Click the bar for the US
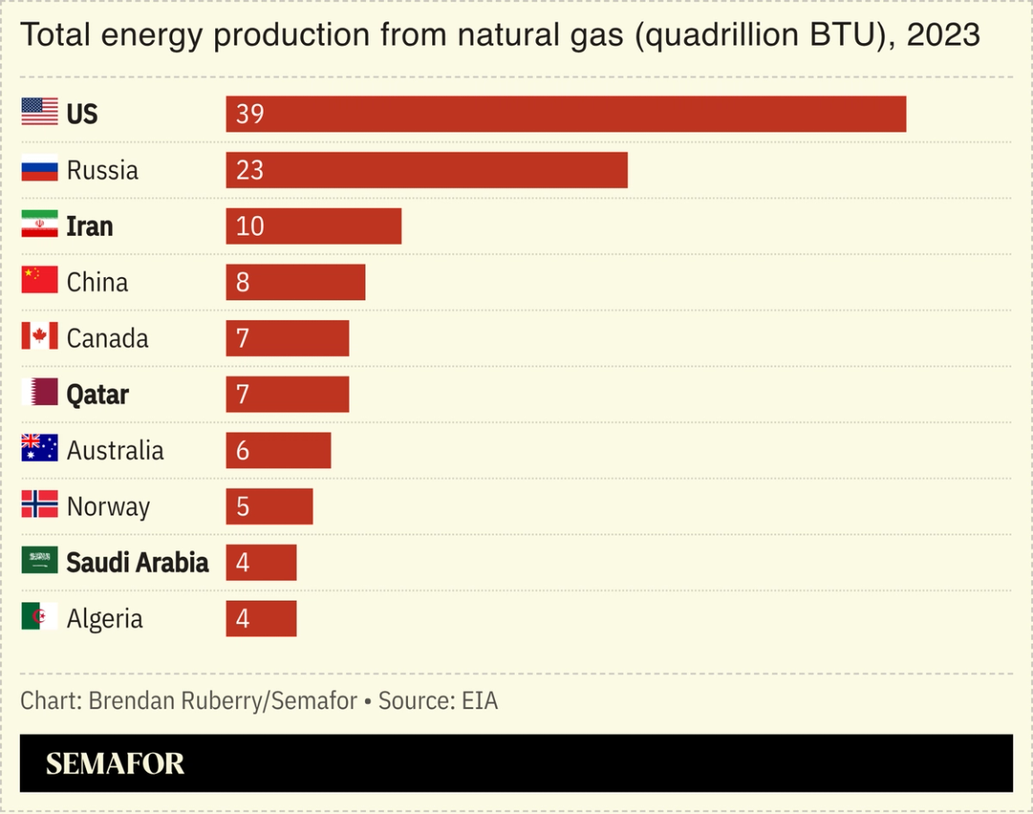pyautogui.click(x=566, y=114)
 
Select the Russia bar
pyautogui.click(x=427, y=169)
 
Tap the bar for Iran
pyautogui.click(x=314, y=226)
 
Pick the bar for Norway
pyautogui.click(x=269, y=507)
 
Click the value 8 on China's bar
pyautogui.click(x=243, y=282)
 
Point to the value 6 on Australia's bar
pyautogui.click(x=243, y=450)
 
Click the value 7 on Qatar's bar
pyautogui.click(x=243, y=394)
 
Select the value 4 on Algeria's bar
pyautogui.click(x=243, y=619)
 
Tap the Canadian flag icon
pyautogui.click(x=39, y=337)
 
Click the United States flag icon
pyautogui.click(x=39, y=112)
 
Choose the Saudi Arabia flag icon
pyautogui.click(x=39, y=561)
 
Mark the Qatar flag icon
pyautogui.click(x=39, y=393)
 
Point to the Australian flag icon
pyautogui.click(x=39, y=448)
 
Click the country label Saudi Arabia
pyautogui.click(x=137, y=562)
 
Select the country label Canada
pyautogui.click(x=108, y=338)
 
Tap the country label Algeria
pyautogui.click(x=105, y=619)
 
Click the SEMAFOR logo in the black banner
pyautogui.click(x=115, y=764)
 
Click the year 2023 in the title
pyautogui.click(x=943, y=36)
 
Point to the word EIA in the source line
pyautogui.click(x=480, y=700)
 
